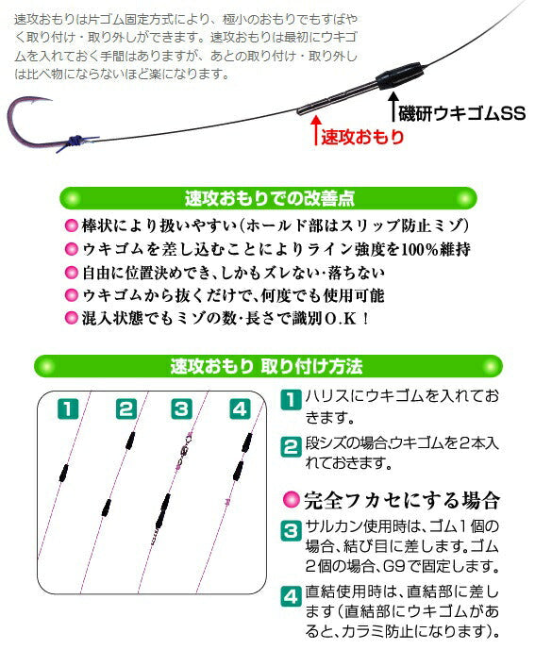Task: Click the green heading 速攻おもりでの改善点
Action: (x=268, y=199)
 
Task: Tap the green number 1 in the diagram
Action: (x=67, y=408)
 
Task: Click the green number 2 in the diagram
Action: (x=125, y=408)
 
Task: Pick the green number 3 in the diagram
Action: (x=181, y=408)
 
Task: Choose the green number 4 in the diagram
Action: (x=239, y=408)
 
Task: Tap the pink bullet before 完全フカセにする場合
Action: (x=292, y=499)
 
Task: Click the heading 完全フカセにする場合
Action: (x=400, y=499)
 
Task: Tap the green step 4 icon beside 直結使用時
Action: (x=291, y=595)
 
